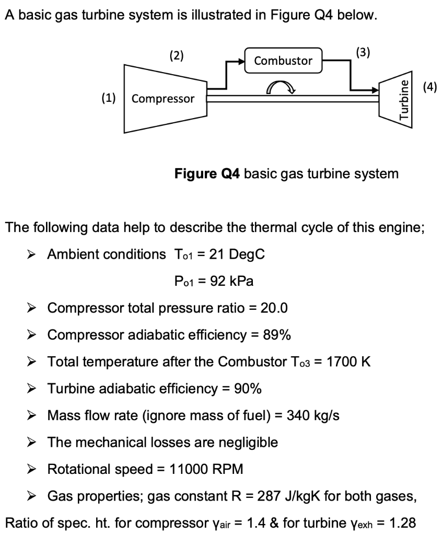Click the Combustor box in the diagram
point(283,61)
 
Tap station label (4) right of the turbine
point(429,86)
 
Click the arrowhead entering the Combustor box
point(241,61)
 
